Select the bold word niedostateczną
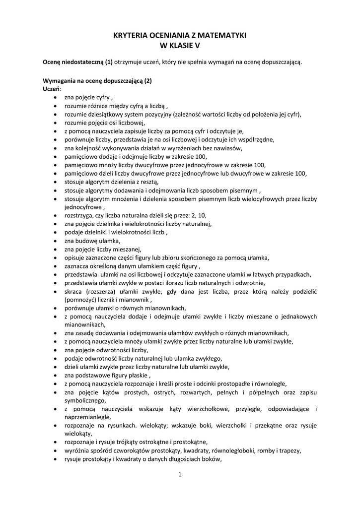point(81,62)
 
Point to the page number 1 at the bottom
point(180,475)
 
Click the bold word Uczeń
point(51,89)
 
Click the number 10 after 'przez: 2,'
point(202,215)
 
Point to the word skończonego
point(200,257)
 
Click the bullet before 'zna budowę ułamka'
point(54,241)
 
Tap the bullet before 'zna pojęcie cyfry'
point(54,97)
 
